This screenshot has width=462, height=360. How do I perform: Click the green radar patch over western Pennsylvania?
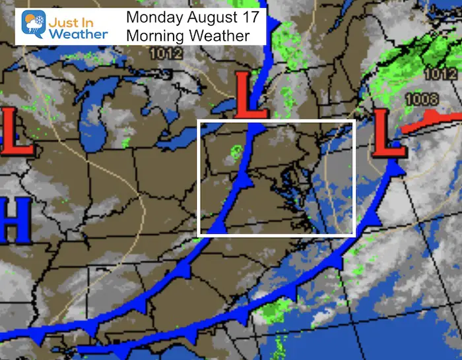point(234,156)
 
